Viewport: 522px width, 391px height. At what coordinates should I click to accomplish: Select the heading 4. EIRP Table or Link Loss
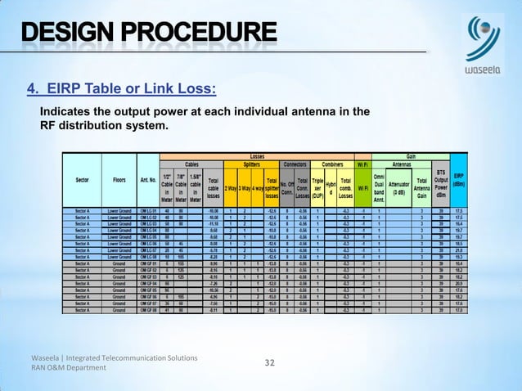coord(123,88)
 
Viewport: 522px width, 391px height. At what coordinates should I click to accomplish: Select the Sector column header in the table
coord(83,180)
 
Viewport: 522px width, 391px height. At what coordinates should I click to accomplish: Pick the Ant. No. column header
coord(148,180)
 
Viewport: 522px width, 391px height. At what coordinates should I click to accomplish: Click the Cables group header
coord(191,163)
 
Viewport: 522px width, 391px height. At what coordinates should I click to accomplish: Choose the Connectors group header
coord(295,163)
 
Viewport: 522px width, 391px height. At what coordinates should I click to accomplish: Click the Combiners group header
coord(333,163)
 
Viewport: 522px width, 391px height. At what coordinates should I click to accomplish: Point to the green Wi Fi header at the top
coord(361,163)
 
